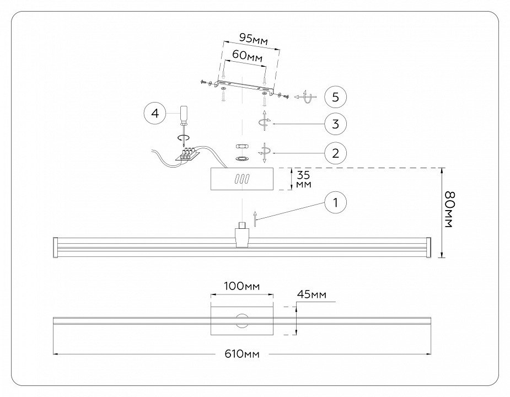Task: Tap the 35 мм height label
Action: point(303,179)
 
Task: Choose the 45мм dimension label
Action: point(312,295)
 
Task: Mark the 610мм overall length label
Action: point(241,353)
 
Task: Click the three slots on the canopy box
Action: point(242,179)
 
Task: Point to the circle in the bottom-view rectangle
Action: point(241,320)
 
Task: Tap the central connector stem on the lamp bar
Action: point(242,234)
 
